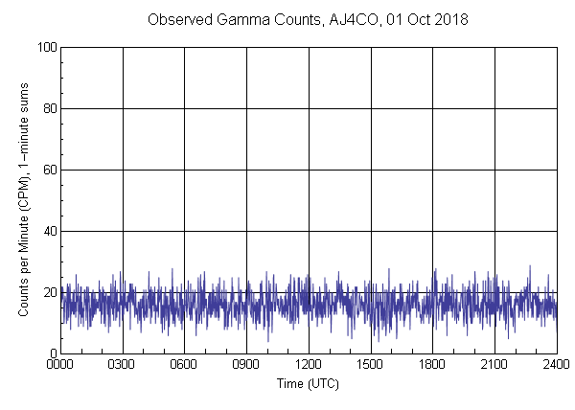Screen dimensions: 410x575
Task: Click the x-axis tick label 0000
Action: point(60,365)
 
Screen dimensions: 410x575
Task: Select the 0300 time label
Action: point(123,365)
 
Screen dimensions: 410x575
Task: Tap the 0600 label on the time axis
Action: point(184,365)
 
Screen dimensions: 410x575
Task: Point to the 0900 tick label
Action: point(246,365)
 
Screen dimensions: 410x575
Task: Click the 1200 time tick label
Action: point(309,365)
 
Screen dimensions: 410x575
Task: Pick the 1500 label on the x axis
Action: point(371,365)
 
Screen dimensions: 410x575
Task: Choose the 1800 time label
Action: point(432,365)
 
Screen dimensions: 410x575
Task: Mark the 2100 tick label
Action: point(494,365)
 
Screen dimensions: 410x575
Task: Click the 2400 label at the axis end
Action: point(556,365)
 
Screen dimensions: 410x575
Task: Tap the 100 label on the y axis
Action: point(47,47)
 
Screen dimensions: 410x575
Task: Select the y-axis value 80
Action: point(50,108)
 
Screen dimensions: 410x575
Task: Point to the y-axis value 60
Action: point(50,170)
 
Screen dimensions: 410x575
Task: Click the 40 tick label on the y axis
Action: point(50,231)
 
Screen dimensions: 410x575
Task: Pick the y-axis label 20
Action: point(50,292)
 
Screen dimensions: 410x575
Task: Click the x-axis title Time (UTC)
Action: point(308,383)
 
